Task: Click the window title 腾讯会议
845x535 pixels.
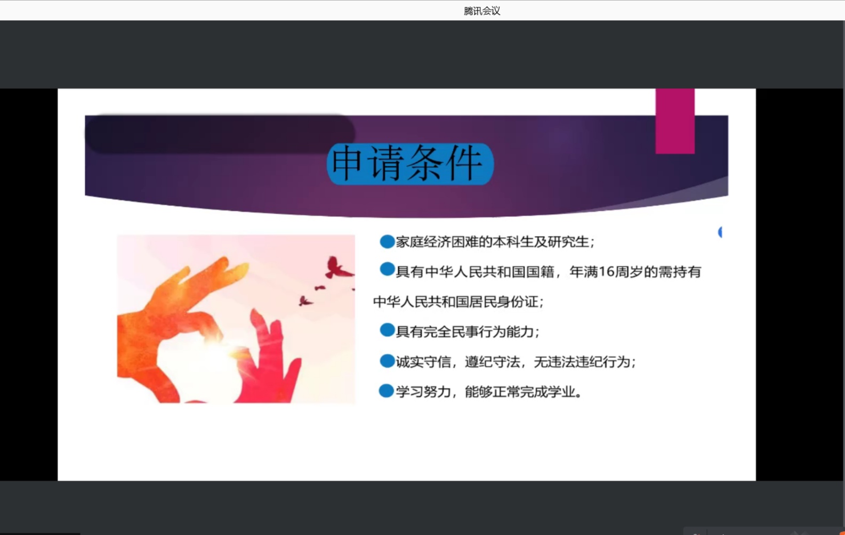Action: click(482, 11)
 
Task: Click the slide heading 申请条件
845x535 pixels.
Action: click(407, 164)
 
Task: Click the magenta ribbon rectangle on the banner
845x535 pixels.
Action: click(674, 121)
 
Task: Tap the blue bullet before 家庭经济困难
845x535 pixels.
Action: click(387, 241)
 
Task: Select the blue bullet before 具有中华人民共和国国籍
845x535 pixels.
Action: click(387, 269)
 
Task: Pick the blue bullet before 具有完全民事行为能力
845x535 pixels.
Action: click(387, 330)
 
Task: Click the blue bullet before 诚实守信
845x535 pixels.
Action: click(387, 361)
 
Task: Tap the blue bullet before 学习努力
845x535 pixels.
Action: click(387, 391)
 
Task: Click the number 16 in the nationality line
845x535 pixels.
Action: click(606, 271)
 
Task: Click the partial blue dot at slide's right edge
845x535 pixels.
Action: click(720, 232)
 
